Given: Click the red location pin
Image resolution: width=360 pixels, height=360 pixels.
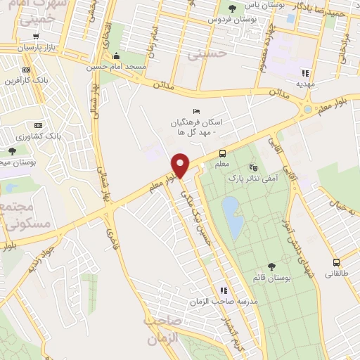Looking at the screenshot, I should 181,165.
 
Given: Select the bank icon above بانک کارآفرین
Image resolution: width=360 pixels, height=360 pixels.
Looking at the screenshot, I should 27,70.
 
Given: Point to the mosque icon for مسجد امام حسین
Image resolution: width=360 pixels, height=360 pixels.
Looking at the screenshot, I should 117,57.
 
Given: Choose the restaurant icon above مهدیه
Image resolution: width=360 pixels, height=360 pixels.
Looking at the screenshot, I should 305,72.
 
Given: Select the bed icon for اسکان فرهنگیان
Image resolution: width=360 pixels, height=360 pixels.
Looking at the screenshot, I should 196,111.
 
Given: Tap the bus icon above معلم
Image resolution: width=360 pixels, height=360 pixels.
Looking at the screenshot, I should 223,154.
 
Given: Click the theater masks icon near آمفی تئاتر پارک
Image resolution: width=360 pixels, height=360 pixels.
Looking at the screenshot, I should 254,167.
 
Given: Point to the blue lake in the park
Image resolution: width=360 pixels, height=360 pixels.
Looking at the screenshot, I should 232,215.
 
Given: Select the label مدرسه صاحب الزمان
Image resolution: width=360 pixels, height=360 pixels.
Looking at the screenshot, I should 218,301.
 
